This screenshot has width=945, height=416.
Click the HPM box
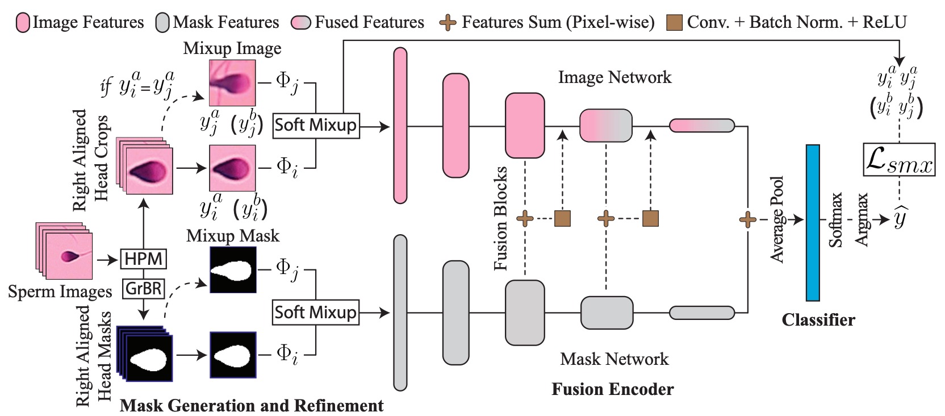[x=143, y=259]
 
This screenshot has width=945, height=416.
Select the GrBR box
[x=144, y=288]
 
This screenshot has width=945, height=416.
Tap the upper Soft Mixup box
[x=316, y=125]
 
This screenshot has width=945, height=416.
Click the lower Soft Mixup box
[x=316, y=313]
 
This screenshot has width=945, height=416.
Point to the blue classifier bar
[x=813, y=222]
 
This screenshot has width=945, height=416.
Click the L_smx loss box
[x=898, y=160]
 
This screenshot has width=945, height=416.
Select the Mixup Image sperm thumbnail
[x=232, y=84]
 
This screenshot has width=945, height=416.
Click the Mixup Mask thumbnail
[x=233, y=270]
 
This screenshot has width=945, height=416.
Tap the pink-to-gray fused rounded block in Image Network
[x=606, y=126]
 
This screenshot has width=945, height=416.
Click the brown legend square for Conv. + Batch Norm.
[x=674, y=23]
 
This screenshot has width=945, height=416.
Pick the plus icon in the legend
[x=448, y=23]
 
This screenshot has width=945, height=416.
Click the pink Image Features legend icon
[x=23, y=23]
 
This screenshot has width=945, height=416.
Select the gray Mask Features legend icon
[x=162, y=23]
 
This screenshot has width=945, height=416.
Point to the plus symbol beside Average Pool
[x=747, y=219]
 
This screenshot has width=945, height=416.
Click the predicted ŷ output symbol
[x=900, y=218]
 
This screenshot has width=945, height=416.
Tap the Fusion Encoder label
[x=612, y=389]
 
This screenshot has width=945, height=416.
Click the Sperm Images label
[x=60, y=292]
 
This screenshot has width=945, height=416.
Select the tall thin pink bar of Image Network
[x=400, y=126]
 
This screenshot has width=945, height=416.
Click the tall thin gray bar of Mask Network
[x=400, y=313]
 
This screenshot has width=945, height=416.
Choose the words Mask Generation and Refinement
[x=252, y=406]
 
